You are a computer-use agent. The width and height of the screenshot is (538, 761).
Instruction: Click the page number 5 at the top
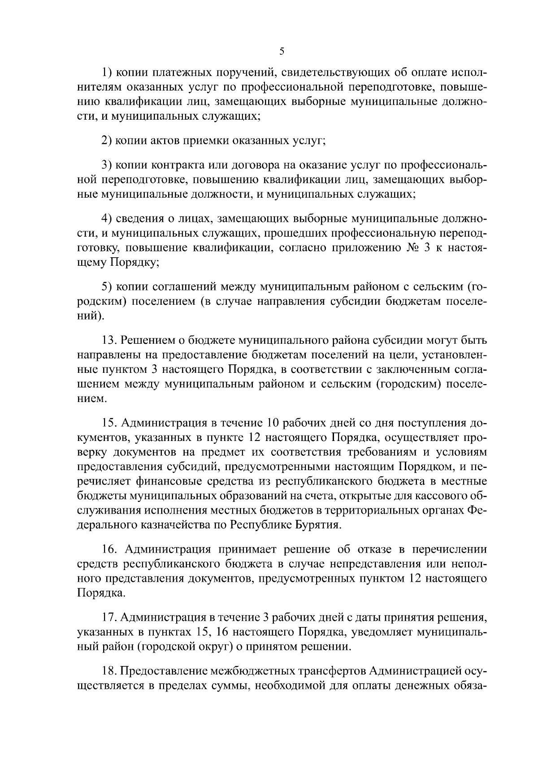[282, 51]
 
